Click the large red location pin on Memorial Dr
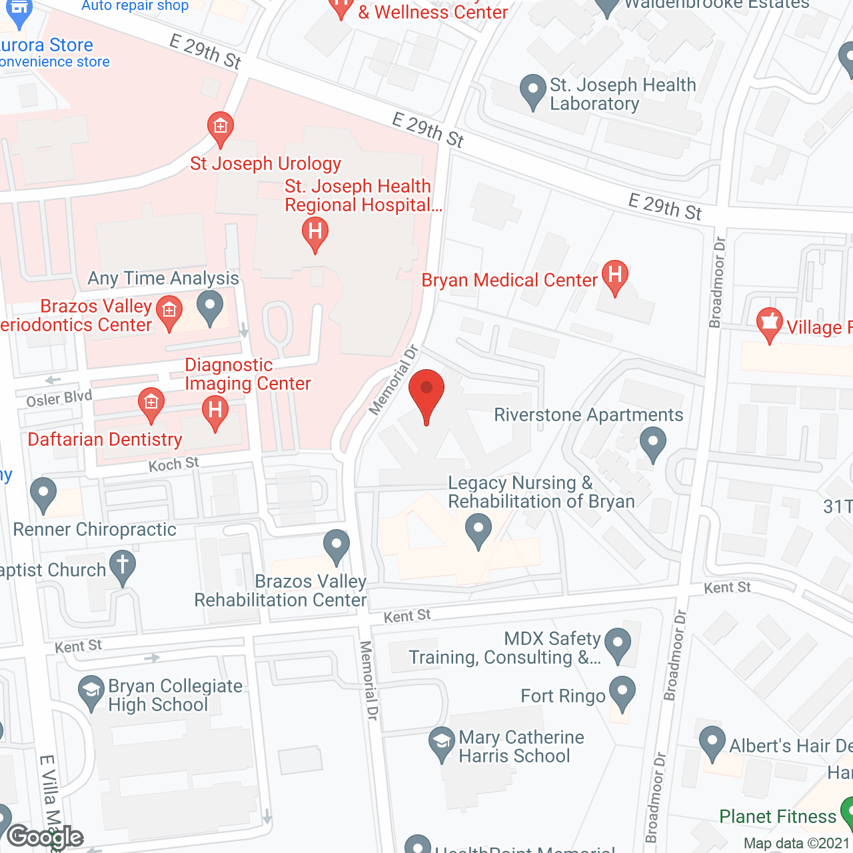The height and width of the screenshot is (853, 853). pyautogui.click(x=426, y=393)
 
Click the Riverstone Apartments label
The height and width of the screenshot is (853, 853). pyautogui.click(x=588, y=415)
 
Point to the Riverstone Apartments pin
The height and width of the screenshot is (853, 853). pyautogui.click(x=653, y=442)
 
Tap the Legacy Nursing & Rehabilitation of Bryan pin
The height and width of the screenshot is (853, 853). pyautogui.click(x=478, y=530)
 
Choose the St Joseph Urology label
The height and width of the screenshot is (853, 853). pyautogui.click(x=265, y=163)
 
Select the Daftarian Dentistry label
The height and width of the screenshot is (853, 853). pyautogui.click(x=105, y=440)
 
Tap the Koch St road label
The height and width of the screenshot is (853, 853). pyautogui.click(x=173, y=464)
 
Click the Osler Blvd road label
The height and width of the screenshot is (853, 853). pyautogui.click(x=59, y=399)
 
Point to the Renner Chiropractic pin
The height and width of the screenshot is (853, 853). pyautogui.click(x=43, y=494)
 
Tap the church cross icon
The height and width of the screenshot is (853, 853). pyautogui.click(x=123, y=566)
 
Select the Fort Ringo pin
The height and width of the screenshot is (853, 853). pyautogui.click(x=622, y=692)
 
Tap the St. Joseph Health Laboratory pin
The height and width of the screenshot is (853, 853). pyautogui.click(x=532, y=91)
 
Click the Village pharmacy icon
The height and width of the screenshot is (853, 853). pyautogui.click(x=770, y=324)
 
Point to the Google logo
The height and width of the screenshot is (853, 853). pyautogui.click(x=45, y=837)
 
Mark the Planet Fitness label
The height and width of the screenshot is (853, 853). pyautogui.click(x=777, y=816)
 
